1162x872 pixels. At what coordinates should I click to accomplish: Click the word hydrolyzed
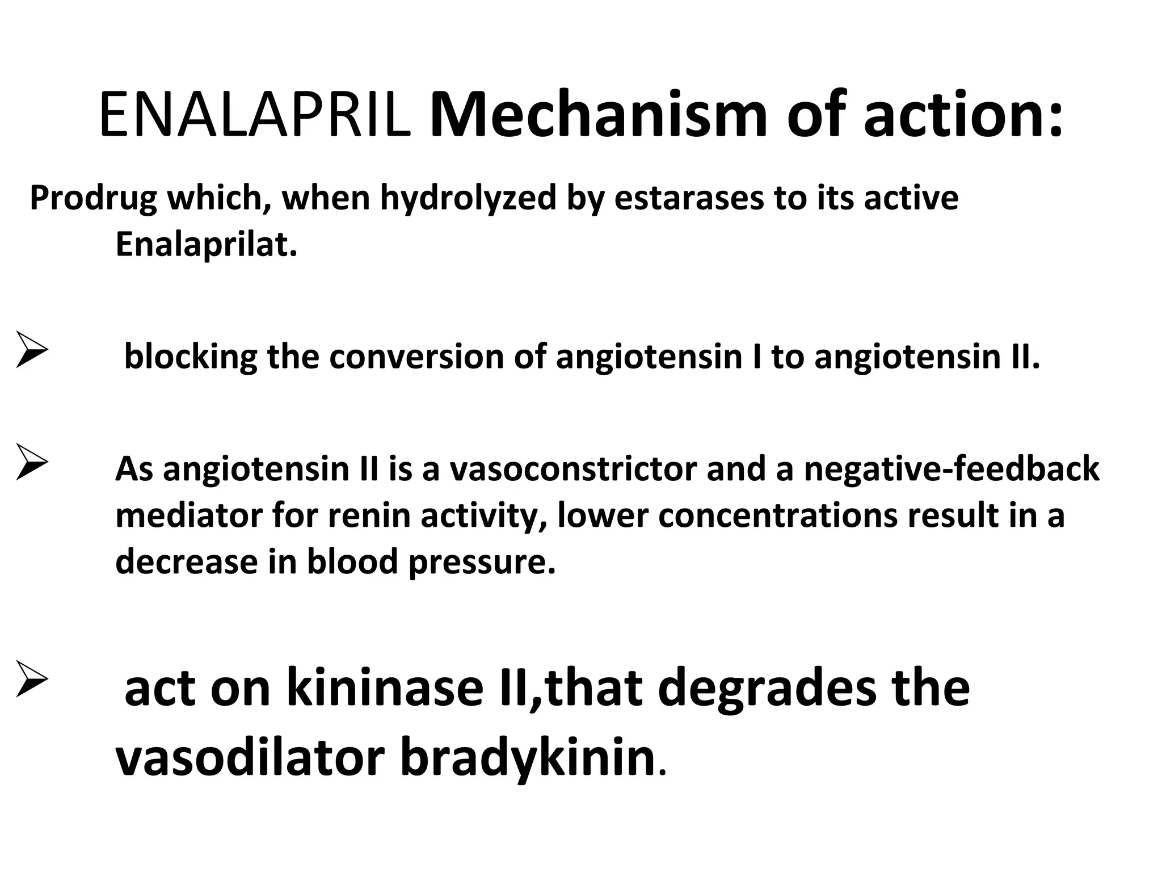(x=468, y=199)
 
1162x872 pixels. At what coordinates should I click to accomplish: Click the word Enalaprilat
(x=206, y=245)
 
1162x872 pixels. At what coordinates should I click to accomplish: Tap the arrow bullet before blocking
(x=32, y=350)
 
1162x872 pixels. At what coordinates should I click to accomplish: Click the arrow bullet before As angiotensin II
(x=32, y=462)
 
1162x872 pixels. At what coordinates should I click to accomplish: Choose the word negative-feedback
(x=951, y=470)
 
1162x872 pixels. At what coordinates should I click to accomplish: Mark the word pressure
(x=481, y=563)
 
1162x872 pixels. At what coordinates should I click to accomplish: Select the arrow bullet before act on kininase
(x=32, y=679)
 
